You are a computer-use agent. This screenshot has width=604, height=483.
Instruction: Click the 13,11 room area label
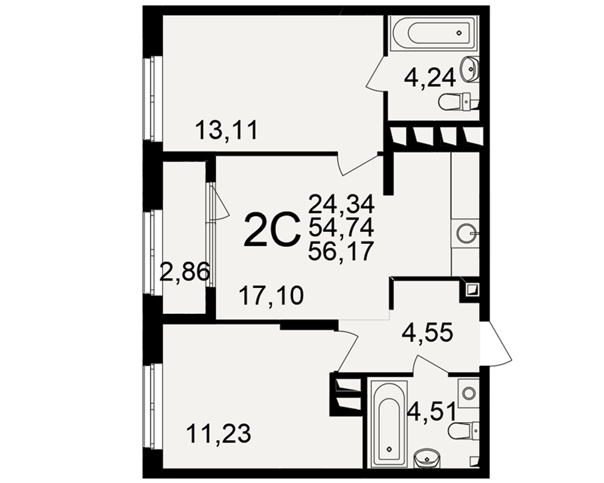coord(226,130)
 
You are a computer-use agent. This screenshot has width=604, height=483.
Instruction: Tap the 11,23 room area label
coord(219,433)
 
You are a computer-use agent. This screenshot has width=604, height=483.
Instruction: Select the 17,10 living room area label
coord(271,296)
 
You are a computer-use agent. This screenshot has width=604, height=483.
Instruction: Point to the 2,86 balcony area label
coord(184,272)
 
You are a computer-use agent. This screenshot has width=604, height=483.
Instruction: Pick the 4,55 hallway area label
coord(427,333)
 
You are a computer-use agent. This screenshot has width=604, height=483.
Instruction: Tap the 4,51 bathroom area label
coord(432,411)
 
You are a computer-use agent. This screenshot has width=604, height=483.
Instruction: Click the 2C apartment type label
coord(272,230)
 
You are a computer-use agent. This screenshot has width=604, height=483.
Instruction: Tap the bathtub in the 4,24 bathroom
coord(434,33)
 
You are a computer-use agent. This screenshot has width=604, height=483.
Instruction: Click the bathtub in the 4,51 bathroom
coord(388,424)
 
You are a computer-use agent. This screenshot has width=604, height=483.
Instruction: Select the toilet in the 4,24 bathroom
coord(458,101)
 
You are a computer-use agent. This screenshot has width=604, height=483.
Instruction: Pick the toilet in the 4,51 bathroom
coord(464,430)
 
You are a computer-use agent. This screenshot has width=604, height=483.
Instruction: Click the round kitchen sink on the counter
coord(465,232)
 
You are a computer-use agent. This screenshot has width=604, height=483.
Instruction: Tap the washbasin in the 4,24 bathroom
coord(469,69)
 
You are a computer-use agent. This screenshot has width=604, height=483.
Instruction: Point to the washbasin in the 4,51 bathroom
coord(426,459)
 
